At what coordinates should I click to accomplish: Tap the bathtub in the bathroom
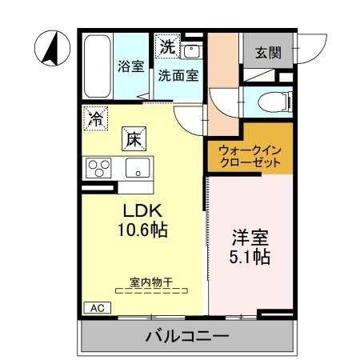tap(98, 65)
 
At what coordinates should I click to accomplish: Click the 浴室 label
tap(130, 66)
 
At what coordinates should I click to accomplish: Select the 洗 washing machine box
tap(167, 47)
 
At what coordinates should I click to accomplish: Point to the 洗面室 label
tap(178, 77)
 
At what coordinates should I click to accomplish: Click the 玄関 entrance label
tap(268, 53)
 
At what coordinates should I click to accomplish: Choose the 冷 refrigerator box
tap(95, 121)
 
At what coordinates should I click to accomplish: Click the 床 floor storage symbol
tap(133, 138)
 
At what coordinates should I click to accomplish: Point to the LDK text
tap(142, 210)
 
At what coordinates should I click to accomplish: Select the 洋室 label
tap(250, 237)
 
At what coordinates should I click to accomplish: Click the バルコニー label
tap(186, 336)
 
